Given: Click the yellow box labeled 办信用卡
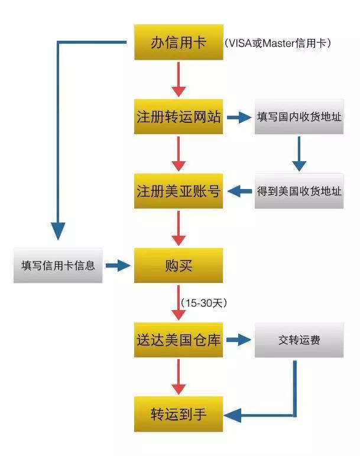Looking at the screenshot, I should tap(179, 43).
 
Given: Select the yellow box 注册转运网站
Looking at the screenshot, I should tap(179, 116).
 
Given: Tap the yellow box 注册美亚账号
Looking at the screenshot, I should tap(179, 191).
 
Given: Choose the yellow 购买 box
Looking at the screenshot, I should tap(179, 265).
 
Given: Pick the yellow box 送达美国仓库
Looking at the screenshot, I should tap(179, 340).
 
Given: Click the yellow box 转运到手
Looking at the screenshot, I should tap(179, 413).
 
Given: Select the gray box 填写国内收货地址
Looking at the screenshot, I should tap(299, 116).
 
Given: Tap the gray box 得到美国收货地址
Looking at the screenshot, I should tap(299, 191).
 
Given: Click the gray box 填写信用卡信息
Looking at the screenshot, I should tap(58, 265).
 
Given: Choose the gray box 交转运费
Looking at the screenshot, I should tap(299, 340).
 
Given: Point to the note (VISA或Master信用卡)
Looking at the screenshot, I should tap(278, 43).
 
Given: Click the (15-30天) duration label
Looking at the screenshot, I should tap(205, 302).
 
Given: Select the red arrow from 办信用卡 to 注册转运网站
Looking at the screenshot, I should tap(179, 80).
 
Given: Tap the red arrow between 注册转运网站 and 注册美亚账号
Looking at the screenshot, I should tap(179, 154).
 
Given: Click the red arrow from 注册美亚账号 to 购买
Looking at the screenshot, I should tap(179, 228).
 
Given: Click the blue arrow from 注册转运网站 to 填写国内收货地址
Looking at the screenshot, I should tap(239, 117).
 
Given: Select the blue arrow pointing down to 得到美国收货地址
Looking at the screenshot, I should tap(299, 154).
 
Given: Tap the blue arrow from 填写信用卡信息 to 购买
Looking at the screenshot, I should tap(118, 266).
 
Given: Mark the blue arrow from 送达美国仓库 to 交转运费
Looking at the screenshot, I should tap(239, 340).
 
